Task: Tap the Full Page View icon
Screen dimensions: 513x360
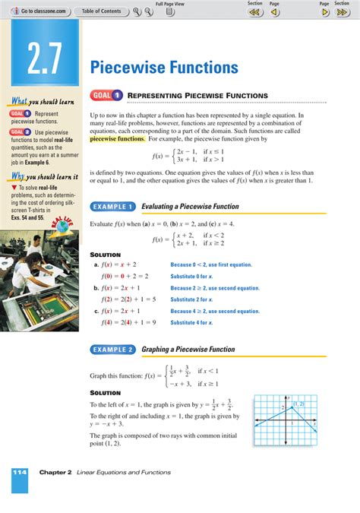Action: coord(171,12)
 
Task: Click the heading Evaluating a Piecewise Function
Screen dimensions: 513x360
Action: coord(190,206)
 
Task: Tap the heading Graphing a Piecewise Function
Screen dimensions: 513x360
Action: coord(190,350)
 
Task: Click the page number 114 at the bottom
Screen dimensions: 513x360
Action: coord(20,473)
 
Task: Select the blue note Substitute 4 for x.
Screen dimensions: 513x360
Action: coord(191,322)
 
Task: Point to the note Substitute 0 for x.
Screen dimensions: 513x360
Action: coord(191,276)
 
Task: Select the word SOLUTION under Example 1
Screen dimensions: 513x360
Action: coord(105,254)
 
